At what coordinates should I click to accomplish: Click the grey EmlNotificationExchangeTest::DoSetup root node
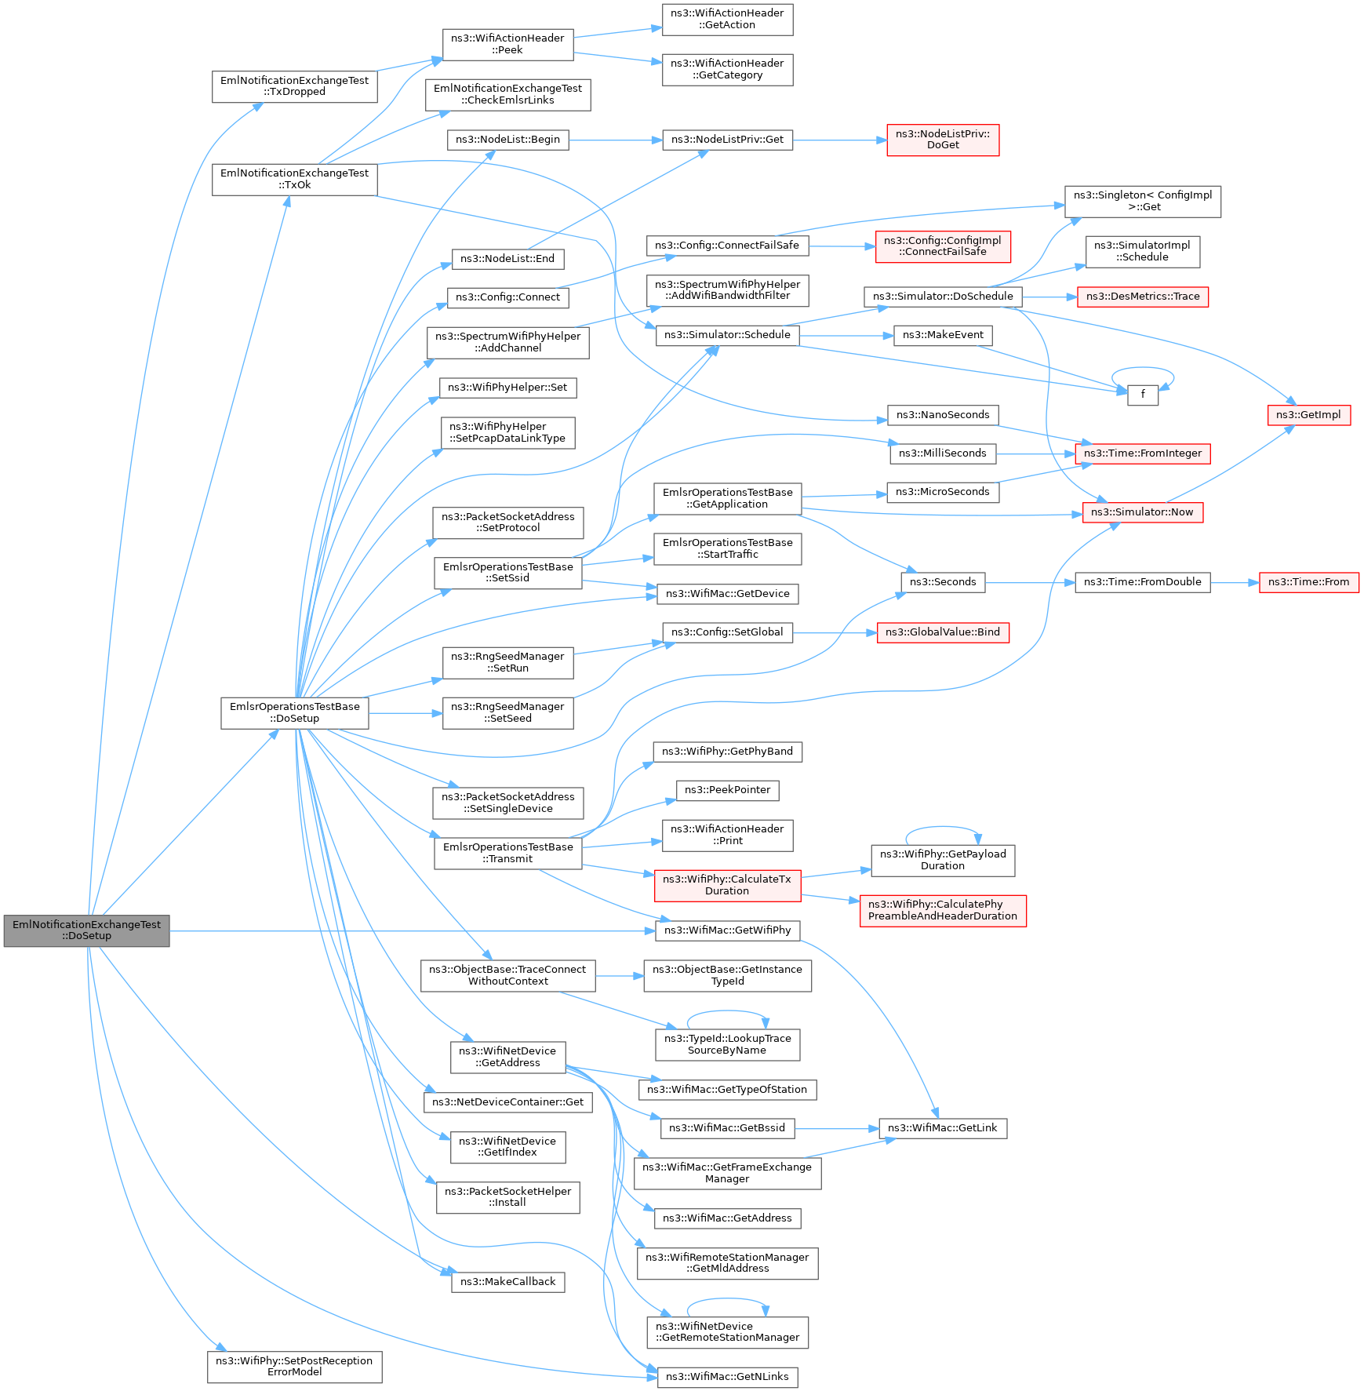[86, 930]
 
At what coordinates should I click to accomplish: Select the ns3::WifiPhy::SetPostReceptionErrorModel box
[294, 1366]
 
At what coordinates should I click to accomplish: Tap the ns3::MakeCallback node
[507, 1281]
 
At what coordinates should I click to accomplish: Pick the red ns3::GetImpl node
[1308, 415]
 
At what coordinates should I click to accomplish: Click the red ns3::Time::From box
[1308, 582]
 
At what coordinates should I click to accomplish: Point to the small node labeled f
[1143, 395]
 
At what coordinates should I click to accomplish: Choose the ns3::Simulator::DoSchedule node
[943, 297]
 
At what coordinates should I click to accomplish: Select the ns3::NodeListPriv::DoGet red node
[943, 140]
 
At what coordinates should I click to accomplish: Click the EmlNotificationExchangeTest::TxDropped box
[294, 86]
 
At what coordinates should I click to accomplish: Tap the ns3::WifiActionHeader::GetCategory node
[727, 69]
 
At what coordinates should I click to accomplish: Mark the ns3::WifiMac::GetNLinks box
[727, 1376]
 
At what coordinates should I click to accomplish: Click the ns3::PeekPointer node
[727, 790]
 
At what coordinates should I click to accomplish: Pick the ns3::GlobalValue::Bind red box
[943, 632]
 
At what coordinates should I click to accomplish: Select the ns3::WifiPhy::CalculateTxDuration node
[727, 885]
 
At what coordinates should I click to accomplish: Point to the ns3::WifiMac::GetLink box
[942, 1128]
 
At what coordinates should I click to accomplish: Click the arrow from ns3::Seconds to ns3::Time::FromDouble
[1029, 582]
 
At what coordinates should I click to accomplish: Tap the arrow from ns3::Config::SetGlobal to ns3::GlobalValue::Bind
[835, 632]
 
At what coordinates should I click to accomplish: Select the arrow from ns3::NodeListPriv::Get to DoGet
[839, 140]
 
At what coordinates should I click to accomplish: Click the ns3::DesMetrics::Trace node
[1143, 297]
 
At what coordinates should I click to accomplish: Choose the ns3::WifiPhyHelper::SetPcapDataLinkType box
[507, 432]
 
